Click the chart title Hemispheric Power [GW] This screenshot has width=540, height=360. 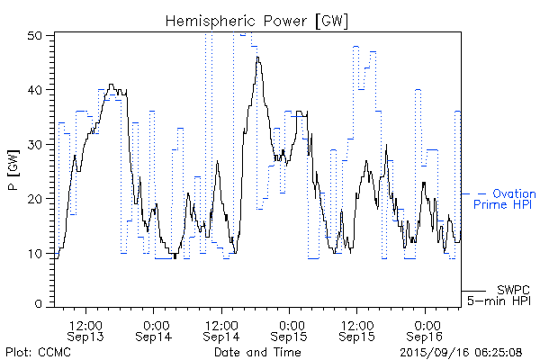pyautogui.click(x=257, y=20)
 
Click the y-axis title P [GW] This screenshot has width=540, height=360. pyautogui.click(x=13, y=171)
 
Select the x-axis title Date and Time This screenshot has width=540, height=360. pyautogui.click(x=256, y=352)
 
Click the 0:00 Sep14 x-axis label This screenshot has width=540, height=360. pyautogui.click(x=154, y=329)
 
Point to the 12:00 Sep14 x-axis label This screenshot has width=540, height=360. pyautogui.click(x=221, y=329)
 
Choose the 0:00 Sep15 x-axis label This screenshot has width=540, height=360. pyautogui.click(x=290, y=329)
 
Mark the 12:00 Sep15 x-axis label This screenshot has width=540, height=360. pyautogui.click(x=357, y=329)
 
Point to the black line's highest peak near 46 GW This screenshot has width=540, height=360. pyautogui.click(x=258, y=58)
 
